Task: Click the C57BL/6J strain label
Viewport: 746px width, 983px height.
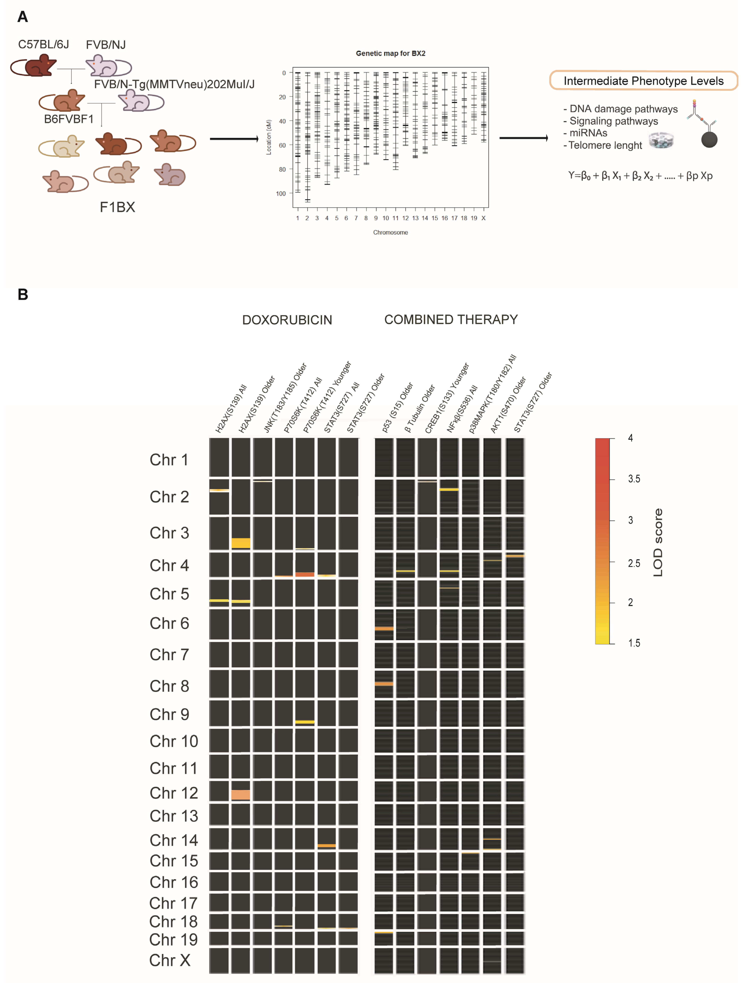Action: point(44,45)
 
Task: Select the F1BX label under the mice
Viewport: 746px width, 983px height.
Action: point(117,207)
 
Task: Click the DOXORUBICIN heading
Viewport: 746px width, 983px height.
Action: point(287,320)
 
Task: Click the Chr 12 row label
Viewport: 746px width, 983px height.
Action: point(173,793)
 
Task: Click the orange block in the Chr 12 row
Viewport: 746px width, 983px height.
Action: point(240,795)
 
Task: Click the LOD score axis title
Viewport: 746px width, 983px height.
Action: point(658,542)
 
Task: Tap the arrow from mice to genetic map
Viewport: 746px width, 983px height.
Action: point(234,139)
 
